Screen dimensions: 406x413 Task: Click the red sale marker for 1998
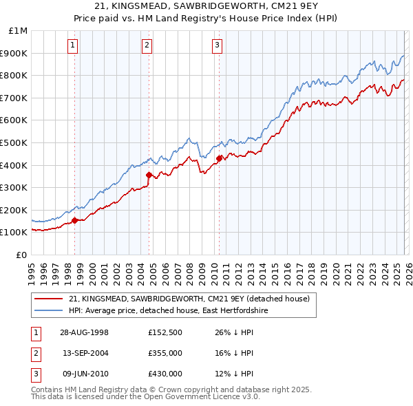click(75, 221)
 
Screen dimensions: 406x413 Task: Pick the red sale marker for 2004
click(149, 175)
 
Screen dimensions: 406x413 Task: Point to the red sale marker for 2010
click(219, 158)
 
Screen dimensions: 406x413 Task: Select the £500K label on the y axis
click(15, 142)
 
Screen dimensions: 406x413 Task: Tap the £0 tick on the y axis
click(21, 255)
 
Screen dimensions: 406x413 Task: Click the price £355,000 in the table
click(165, 353)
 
